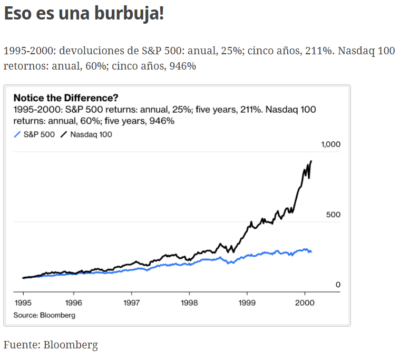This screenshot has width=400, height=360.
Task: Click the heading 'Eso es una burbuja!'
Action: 84,14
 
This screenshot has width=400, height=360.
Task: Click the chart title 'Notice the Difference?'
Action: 66,98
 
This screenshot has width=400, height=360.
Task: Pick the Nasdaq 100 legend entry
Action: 86,134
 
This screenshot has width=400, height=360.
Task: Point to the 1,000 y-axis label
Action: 330,144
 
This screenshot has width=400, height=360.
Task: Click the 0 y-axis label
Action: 338,285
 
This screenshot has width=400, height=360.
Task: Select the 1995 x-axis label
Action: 23,303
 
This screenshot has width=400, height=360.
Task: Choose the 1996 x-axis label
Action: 74,303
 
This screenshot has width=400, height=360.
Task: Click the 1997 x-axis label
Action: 131,303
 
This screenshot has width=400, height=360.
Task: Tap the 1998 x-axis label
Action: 189,303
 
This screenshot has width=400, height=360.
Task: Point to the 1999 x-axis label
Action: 247,303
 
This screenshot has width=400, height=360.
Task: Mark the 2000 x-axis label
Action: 305,303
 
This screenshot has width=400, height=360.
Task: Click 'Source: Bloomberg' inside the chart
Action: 44,315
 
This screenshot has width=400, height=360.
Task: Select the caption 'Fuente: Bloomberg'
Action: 51,345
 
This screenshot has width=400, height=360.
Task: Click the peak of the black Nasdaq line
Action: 311,161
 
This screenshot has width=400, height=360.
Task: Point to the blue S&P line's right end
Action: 311,251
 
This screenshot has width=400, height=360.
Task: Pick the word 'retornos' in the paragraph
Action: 21,66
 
